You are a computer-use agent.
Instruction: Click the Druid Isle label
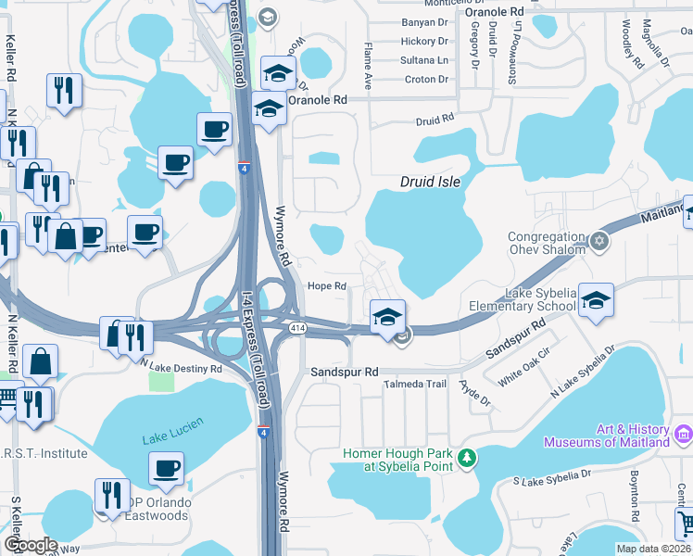click(x=431, y=183)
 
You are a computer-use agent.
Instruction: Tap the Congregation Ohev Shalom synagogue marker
click(x=599, y=241)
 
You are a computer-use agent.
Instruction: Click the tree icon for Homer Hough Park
click(x=468, y=457)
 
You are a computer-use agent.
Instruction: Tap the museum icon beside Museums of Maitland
click(x=684, y=433)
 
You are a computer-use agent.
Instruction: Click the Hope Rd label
click(x=327, y=285)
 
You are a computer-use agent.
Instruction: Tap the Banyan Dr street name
click(x=424, y=22)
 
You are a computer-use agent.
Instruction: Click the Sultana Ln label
click(x=424, y=60)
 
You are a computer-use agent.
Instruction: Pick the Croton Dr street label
click(x=426, y=80)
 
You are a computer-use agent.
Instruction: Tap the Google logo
click(x=31, y=544)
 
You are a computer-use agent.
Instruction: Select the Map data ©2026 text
click(x=652, y=549)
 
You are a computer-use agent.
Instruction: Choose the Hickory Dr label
click(x=424, y=42)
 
